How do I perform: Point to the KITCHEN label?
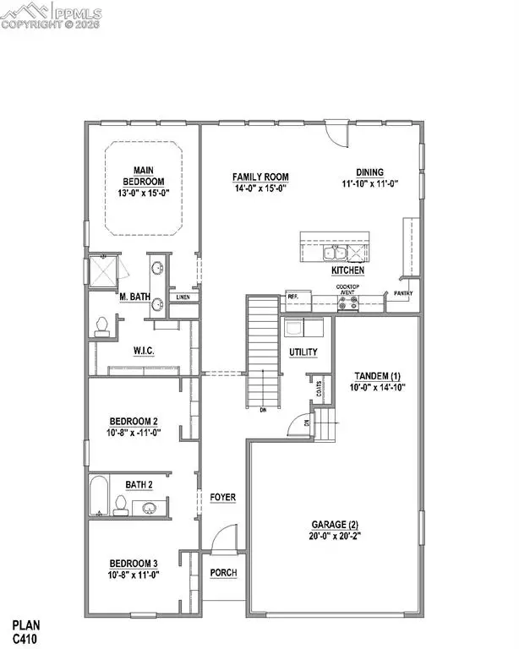(347, 270)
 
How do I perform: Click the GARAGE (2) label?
(336, 529)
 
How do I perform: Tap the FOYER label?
(223, 497)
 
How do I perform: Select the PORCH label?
(224, 572)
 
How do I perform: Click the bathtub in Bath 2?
(99, 497)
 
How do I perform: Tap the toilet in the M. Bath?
(102, 324)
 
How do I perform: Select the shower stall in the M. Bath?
(107, 272)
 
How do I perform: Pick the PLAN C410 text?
(30, 632)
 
